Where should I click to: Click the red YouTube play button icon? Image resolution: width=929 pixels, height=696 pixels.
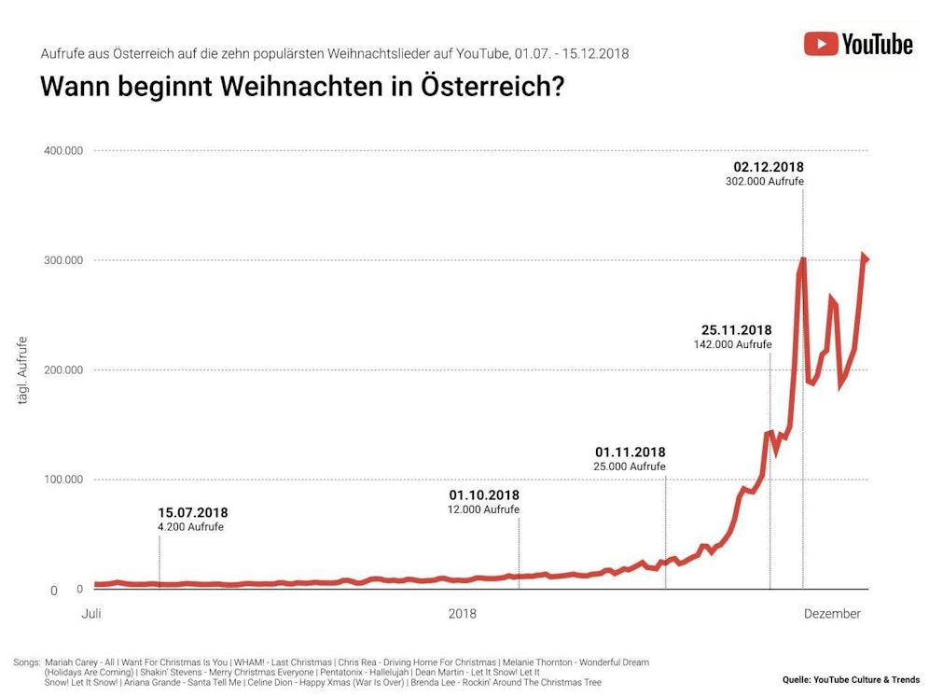coord(820,44)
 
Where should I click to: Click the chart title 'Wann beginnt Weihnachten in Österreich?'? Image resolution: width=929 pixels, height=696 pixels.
coord(301,88)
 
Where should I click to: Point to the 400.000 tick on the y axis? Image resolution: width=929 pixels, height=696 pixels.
coord(61,150)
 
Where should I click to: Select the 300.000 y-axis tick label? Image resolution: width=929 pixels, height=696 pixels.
coord(61,260)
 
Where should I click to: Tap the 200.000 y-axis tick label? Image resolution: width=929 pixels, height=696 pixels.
coord(61,370)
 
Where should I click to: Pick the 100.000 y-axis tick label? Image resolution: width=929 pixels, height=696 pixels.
coord(61,480)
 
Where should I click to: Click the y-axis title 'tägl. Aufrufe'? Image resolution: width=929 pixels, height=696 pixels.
coord(22,370)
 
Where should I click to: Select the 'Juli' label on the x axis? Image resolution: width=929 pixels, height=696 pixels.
coord(91,614)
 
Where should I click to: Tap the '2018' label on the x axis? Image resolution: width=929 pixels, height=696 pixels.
coord(462,614)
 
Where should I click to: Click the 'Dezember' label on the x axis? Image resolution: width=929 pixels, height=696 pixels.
coord(832,614)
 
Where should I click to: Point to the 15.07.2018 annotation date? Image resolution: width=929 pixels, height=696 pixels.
coord(192,512)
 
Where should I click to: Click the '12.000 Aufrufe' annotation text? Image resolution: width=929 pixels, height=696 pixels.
coord(483,509)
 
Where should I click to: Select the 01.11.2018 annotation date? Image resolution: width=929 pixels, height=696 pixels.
coord(630,452)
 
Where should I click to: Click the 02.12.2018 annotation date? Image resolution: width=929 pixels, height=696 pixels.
coord(769,167)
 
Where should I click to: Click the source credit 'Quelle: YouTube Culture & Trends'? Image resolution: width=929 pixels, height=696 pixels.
coord(851,679)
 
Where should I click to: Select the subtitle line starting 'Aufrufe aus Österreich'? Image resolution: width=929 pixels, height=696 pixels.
coord(334,53)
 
